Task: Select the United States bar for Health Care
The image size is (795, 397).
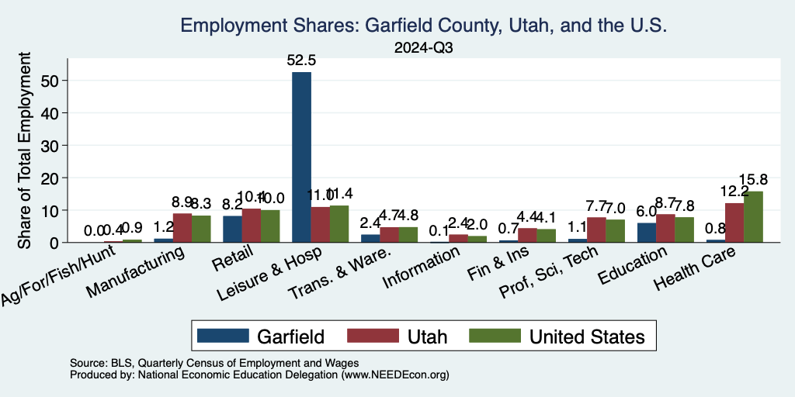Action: (753, 216)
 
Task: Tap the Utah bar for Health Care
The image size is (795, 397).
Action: (734, 223)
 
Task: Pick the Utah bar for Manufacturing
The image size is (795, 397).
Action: (182, 228)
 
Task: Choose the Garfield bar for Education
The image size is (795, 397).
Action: (646, 233)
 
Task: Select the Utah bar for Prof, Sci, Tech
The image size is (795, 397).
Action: (596, 230)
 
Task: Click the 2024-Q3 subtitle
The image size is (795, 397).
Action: (424, 47)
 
